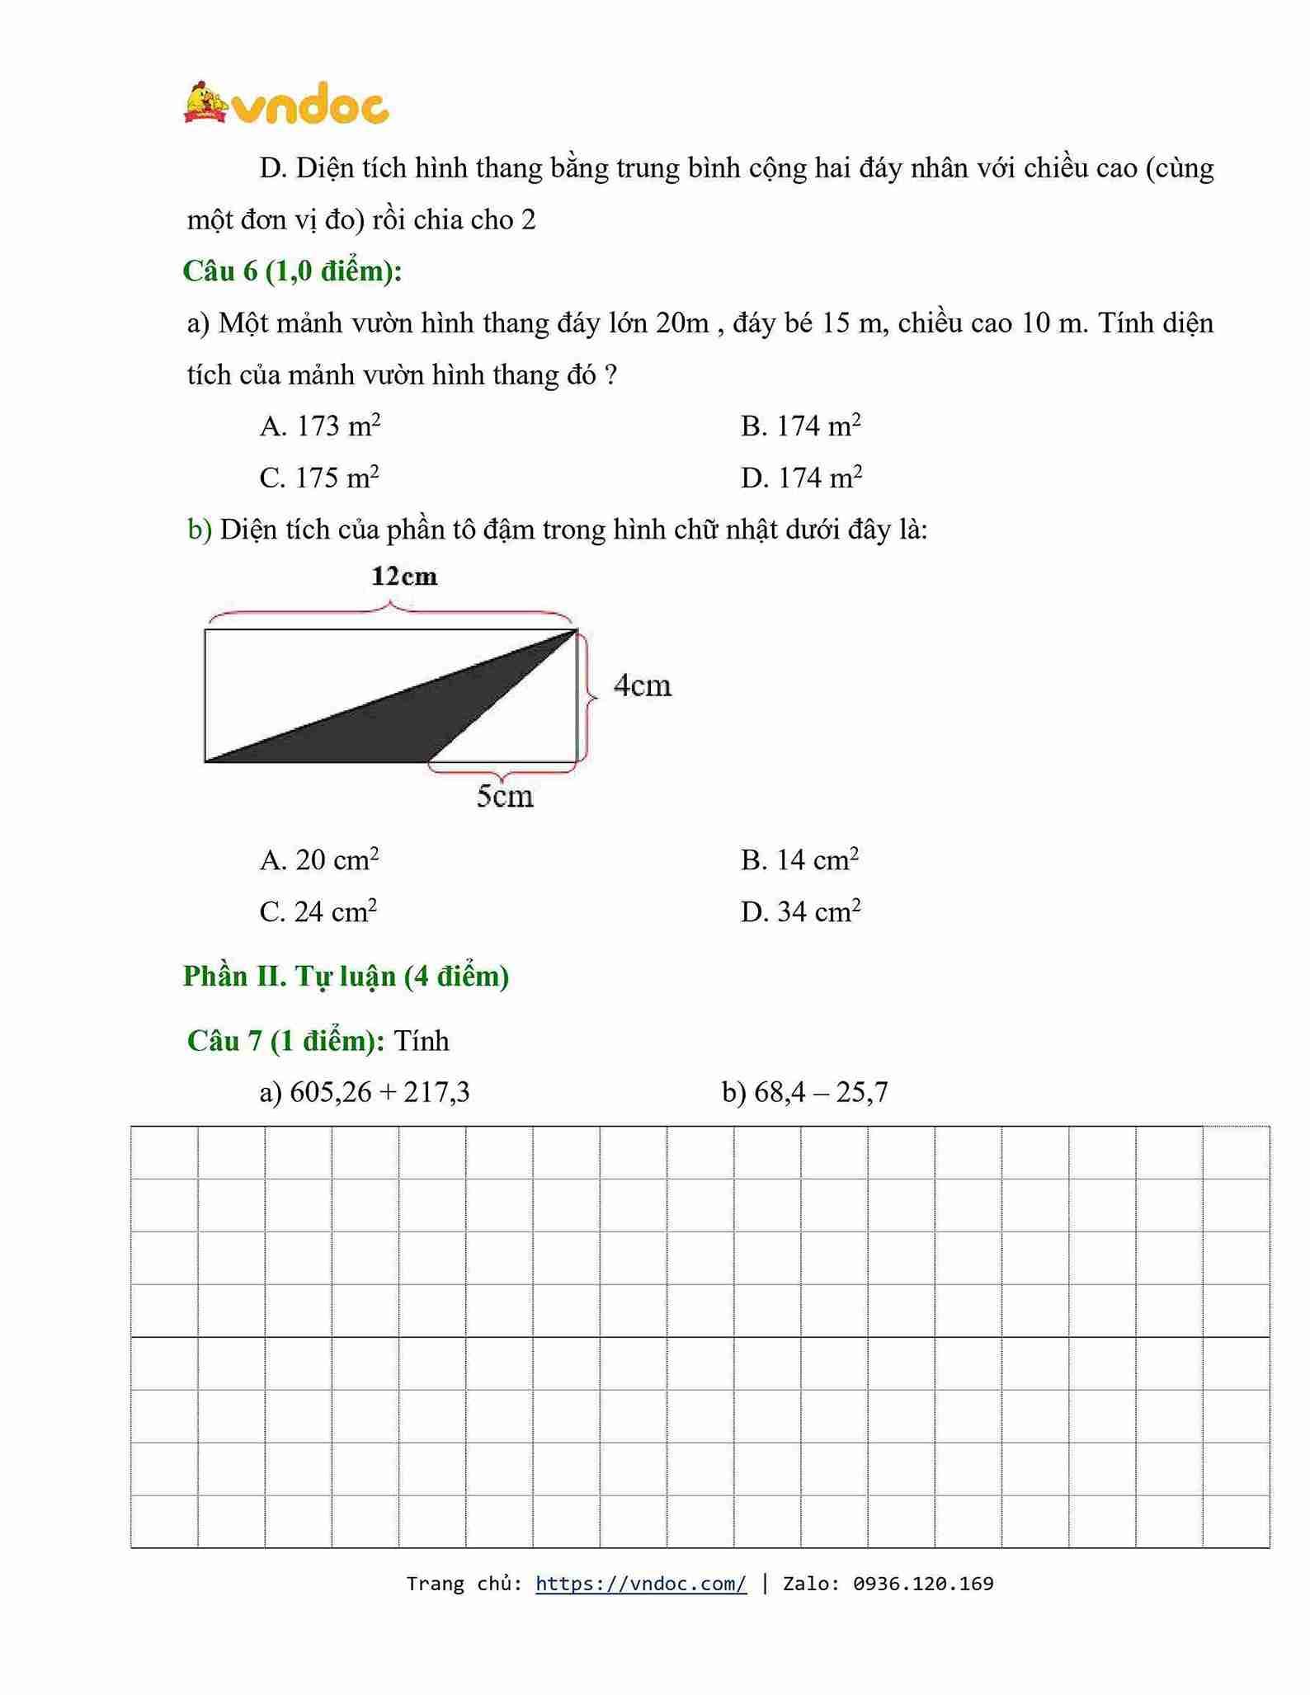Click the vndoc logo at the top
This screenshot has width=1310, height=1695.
click(286, 105)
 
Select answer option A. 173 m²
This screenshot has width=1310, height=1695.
click(320, 426)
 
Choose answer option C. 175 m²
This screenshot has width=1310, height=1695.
click(319, 478)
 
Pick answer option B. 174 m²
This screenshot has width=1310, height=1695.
click(800, 426)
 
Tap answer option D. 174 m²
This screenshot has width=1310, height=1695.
click(801, 478)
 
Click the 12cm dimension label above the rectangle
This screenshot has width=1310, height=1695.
click(404, 577)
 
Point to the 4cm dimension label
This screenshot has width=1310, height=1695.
click(642, 685)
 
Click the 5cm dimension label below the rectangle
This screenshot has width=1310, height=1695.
click(505, 796)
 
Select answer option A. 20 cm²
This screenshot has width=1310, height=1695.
click(319, 860)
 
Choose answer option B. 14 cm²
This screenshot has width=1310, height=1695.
click(799, 860)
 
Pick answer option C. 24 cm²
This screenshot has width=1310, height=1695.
click(318, 912)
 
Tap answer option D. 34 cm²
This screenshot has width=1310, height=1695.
click(800, 912)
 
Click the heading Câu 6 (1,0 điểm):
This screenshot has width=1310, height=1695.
click(293, 271)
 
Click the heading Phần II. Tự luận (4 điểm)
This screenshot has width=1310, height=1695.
click(346, 977)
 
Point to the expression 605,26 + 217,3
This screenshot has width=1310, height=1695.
click(379, 1093)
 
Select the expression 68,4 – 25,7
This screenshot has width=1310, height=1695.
click(821, 1093)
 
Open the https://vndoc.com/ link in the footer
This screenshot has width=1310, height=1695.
click(641, 1584)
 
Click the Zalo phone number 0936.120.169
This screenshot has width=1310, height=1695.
click(923, 1584)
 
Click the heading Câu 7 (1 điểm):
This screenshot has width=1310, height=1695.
click(285, 1041)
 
